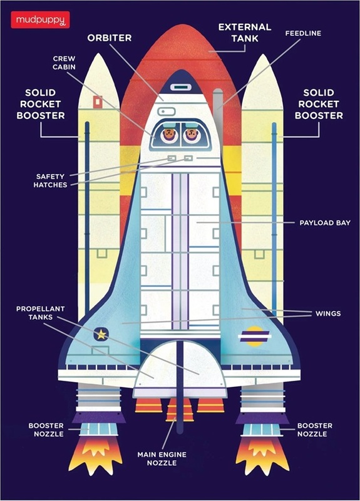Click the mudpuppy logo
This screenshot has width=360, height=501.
[x=40, y=20]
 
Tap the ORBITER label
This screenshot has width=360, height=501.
[x=110, y=38]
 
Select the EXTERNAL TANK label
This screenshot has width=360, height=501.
[x=245, y=33]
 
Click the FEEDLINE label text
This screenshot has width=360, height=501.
[x=303, y=33]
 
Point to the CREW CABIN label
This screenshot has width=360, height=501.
[x=64, y=63]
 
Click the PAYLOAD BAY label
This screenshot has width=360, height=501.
[x=325, y=223]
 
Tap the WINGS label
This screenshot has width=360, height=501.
[x=328, y=314]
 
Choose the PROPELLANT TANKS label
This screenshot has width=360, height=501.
[x=41, y=312]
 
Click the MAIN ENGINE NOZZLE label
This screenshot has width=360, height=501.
[x=162, y=458]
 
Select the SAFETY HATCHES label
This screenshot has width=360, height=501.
[x=51, y=180]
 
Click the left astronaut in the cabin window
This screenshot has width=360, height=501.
[x=168, y=135]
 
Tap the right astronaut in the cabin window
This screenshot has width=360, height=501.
[x=191, y=135]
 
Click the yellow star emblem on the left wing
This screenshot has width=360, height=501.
[x=101, y=334]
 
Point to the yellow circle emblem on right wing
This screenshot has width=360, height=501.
[x=255, y=336]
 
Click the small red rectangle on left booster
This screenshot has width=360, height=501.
[x=98, y=101]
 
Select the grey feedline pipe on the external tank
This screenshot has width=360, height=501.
[x=218, y=108]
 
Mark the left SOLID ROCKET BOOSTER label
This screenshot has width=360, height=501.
[x=41, y=104]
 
